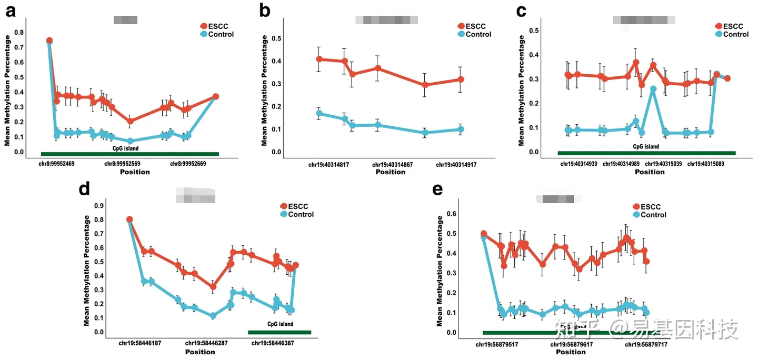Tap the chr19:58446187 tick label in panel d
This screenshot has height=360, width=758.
(x=140, y=343)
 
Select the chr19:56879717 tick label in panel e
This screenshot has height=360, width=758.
(x=646, y=344)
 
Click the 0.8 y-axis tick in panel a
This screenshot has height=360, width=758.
(x=19, y=32)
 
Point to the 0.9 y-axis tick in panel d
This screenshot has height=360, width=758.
(x=98, y=205)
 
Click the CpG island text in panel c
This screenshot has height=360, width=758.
(x=646, y=147)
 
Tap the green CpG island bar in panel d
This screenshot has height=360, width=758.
(x=280, y=332)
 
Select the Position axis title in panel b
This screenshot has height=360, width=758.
(x=390, y=172)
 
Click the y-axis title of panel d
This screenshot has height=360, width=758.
(x=87, y=270)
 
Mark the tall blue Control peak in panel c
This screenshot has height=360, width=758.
(x=653, y=89)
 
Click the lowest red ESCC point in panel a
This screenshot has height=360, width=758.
(x=130, y=121)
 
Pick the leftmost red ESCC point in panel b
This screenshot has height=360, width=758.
(x=320, y=59)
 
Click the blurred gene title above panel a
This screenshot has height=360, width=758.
(x=125, y=20)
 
